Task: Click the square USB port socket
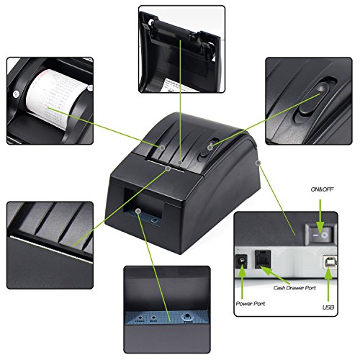click(x=328, y=264)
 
